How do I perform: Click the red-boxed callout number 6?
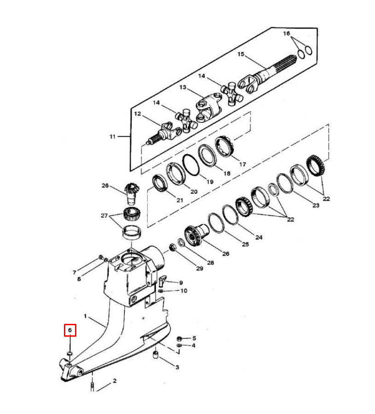[x=70, y=330]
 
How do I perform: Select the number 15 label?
[x=241, y=54]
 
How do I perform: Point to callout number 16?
[x=287, y=34]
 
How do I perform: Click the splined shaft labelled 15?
[x=276, y=69]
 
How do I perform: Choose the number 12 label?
[x=137, y=114]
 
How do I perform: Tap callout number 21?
[x=179, y=200]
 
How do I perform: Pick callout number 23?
[x=315, y=205]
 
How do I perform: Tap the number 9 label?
[x=181, y=282]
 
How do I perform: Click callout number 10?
[x=183, y=291]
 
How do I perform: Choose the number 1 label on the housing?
[x=85, y=316]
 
